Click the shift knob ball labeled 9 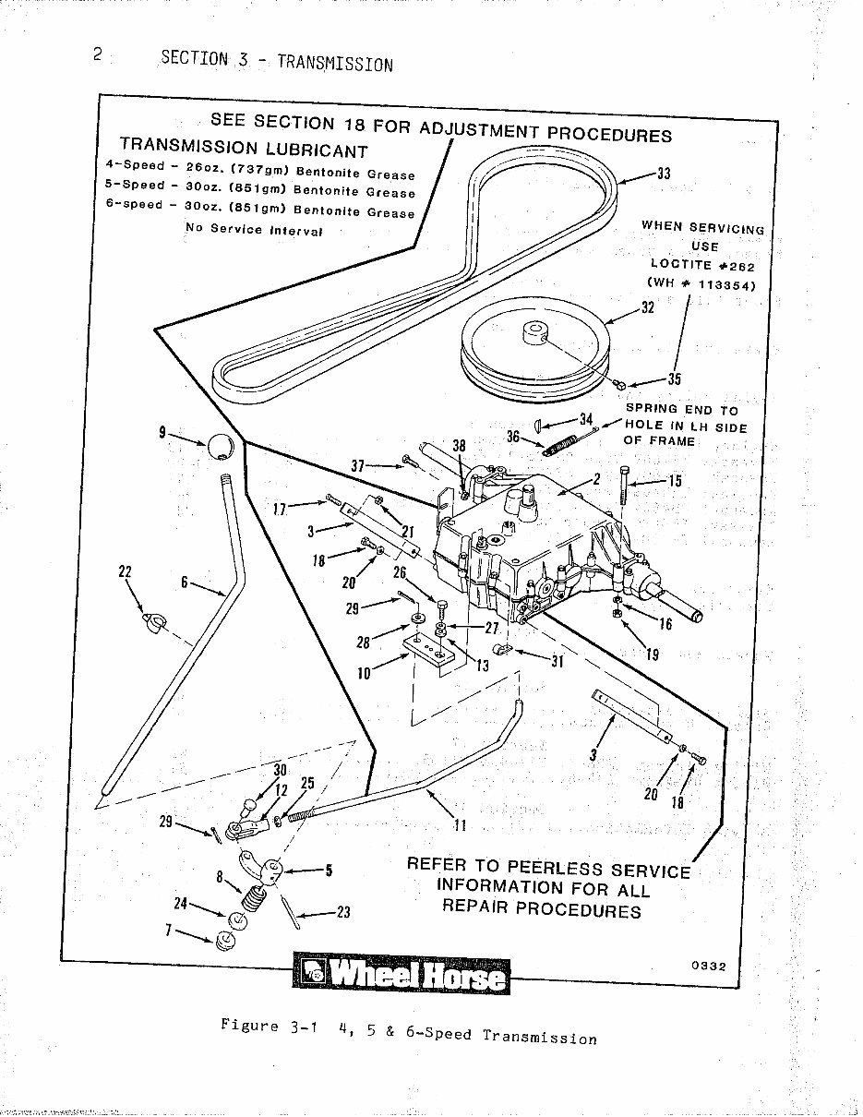[x=219, y=447]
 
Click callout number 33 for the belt [x=663, y=173]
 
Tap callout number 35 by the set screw [x=674, y=378]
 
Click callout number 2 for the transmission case [x=596, y=478]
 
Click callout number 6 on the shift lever [x=184, y=583]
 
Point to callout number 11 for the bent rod [x=460, y=824]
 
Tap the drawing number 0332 [x=708, y=967]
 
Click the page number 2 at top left [x=97, y=53]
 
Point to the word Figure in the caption [x=249, y=1026]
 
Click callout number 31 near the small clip [x=557, y=660]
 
